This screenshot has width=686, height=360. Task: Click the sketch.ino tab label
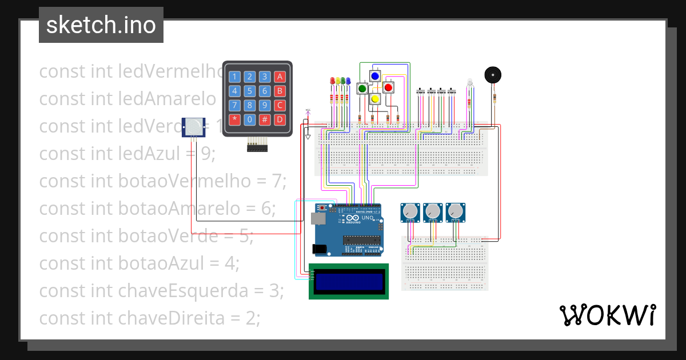coord(101,25)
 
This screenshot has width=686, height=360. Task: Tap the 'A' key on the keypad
coord(280,77)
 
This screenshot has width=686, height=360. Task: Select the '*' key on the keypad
coord(234,119)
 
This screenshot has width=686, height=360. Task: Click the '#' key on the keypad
coord(265,119)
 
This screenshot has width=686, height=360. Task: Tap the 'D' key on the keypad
coord(280,119)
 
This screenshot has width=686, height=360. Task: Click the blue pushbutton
coord(375,76)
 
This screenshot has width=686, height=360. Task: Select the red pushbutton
coord(388,87)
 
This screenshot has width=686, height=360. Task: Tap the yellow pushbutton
coord(375,99)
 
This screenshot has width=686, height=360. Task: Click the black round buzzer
coord(493,75)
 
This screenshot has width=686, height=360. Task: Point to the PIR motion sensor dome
coord(195,125)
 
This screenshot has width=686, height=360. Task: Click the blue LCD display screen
coord(349,281)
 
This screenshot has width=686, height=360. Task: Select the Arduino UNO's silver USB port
coord(316,219)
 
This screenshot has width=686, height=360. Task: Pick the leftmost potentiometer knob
coord(409,213)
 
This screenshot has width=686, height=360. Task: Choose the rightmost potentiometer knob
coord(455,213)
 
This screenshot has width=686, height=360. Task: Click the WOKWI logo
coord(607,315)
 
